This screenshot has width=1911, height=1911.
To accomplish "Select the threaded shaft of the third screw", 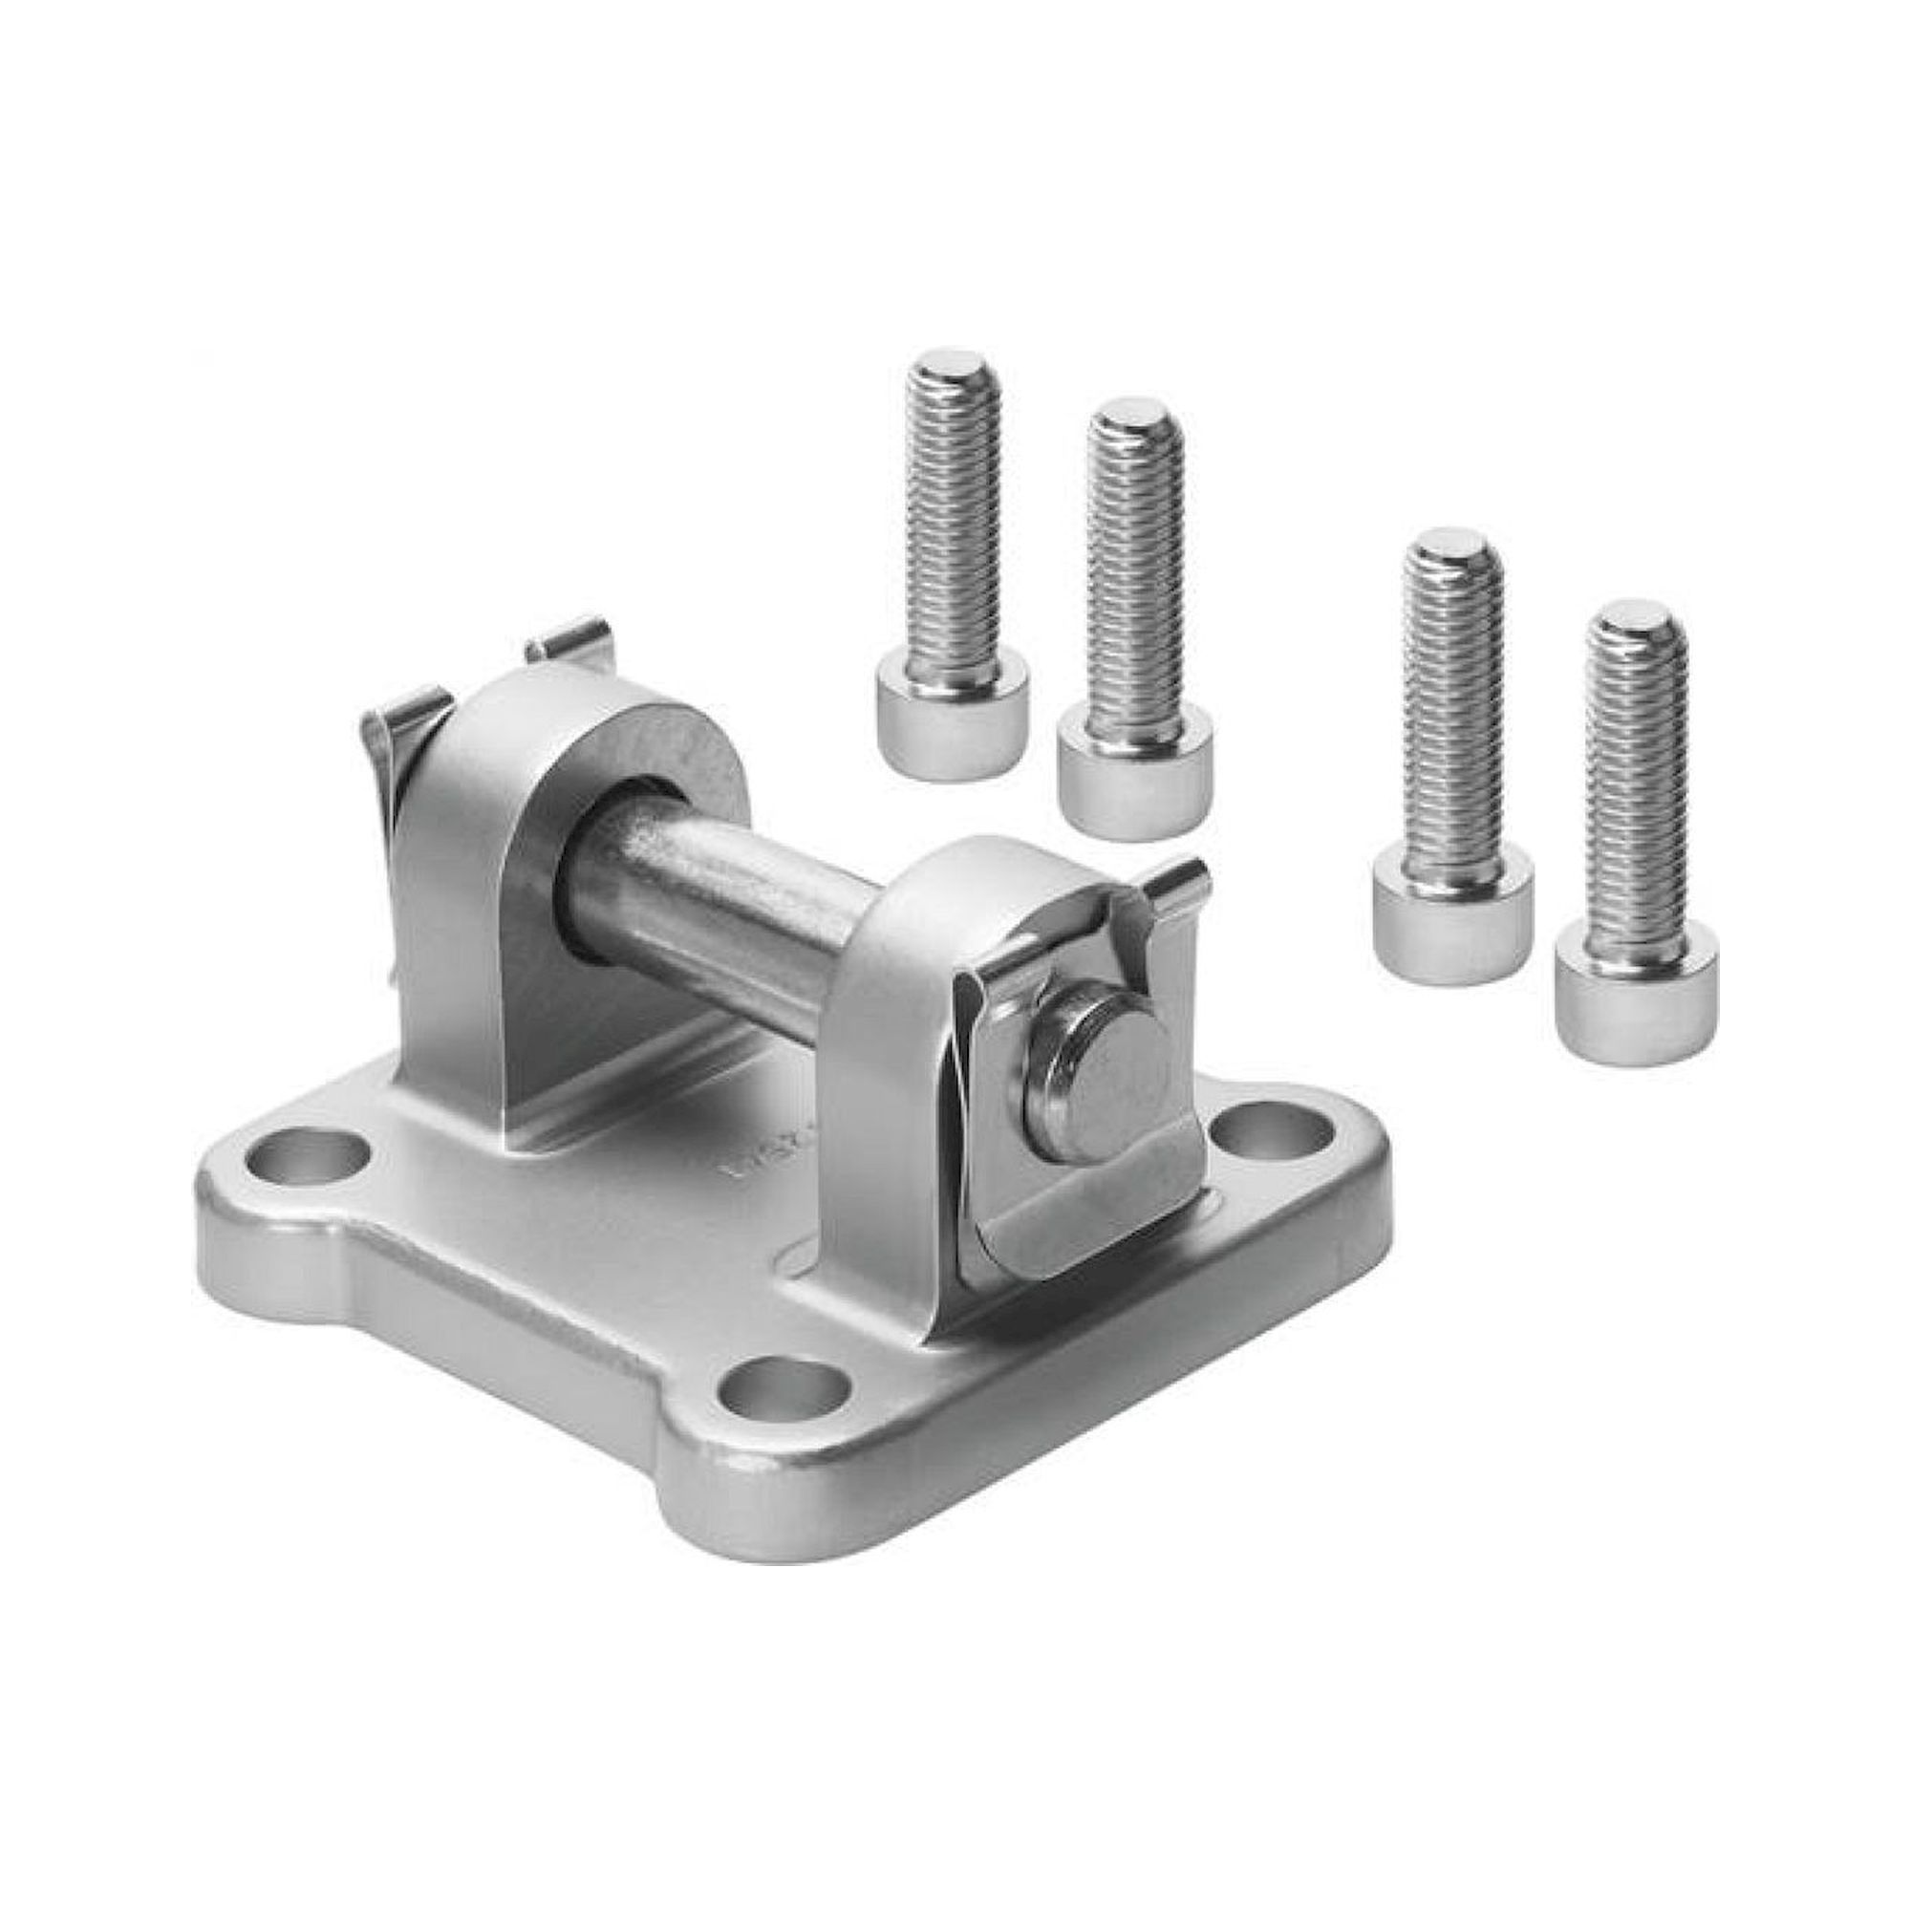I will (x=1453, y=712).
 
